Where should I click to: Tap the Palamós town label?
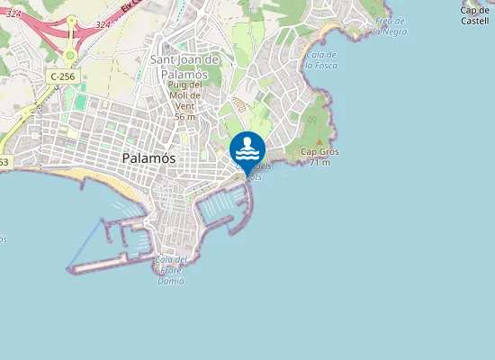point(148,157)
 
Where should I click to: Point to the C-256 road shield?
point(63,77)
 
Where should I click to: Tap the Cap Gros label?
point(319,152)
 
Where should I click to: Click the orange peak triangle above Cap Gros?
point(319,141)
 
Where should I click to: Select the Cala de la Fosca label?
point(321,60)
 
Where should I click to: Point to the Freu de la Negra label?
point(390,26)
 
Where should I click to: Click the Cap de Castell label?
point(474,15)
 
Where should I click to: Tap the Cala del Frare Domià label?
point(170,270)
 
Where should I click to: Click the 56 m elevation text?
point(184,117)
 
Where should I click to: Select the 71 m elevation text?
point(319,163)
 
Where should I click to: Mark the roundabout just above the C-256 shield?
point(70,55)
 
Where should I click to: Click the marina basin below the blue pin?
point(220,207)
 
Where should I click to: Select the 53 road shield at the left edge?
point(4,162)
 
